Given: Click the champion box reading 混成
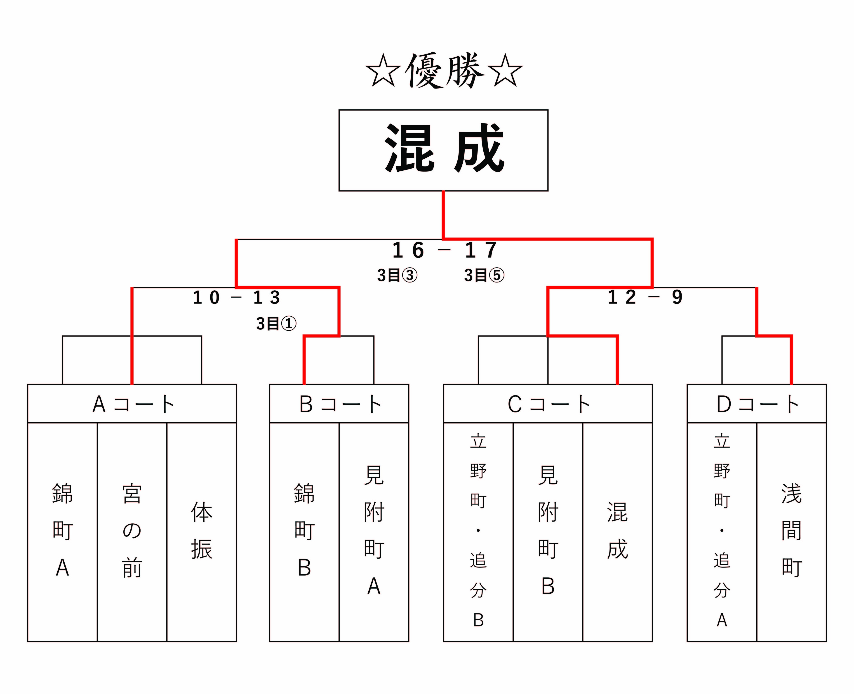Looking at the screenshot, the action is pyautogui.click(x=443, y=150).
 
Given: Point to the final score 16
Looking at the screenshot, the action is pyautogui.click(x=408, y=250).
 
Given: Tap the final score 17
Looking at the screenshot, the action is pyautogui.click(x=481, y=250).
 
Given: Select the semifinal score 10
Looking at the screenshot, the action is pyautogui.click(x=206, y=297).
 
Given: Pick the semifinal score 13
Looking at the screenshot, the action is pyautogui.click(x=267, y=297).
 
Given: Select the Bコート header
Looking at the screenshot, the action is pyautogui.click(x=340, y=404).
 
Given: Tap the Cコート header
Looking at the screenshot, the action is pyautogui.click(x=548, y=404).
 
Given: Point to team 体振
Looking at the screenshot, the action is pyautogui.click(x=202, y=530).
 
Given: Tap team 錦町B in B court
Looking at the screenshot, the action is pyautogui.click(x=304, y=530).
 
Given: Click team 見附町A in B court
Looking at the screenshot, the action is pyautogui.click(x=374, y=530).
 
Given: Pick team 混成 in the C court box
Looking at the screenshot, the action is pyautogui.click(x=618, y=530).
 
